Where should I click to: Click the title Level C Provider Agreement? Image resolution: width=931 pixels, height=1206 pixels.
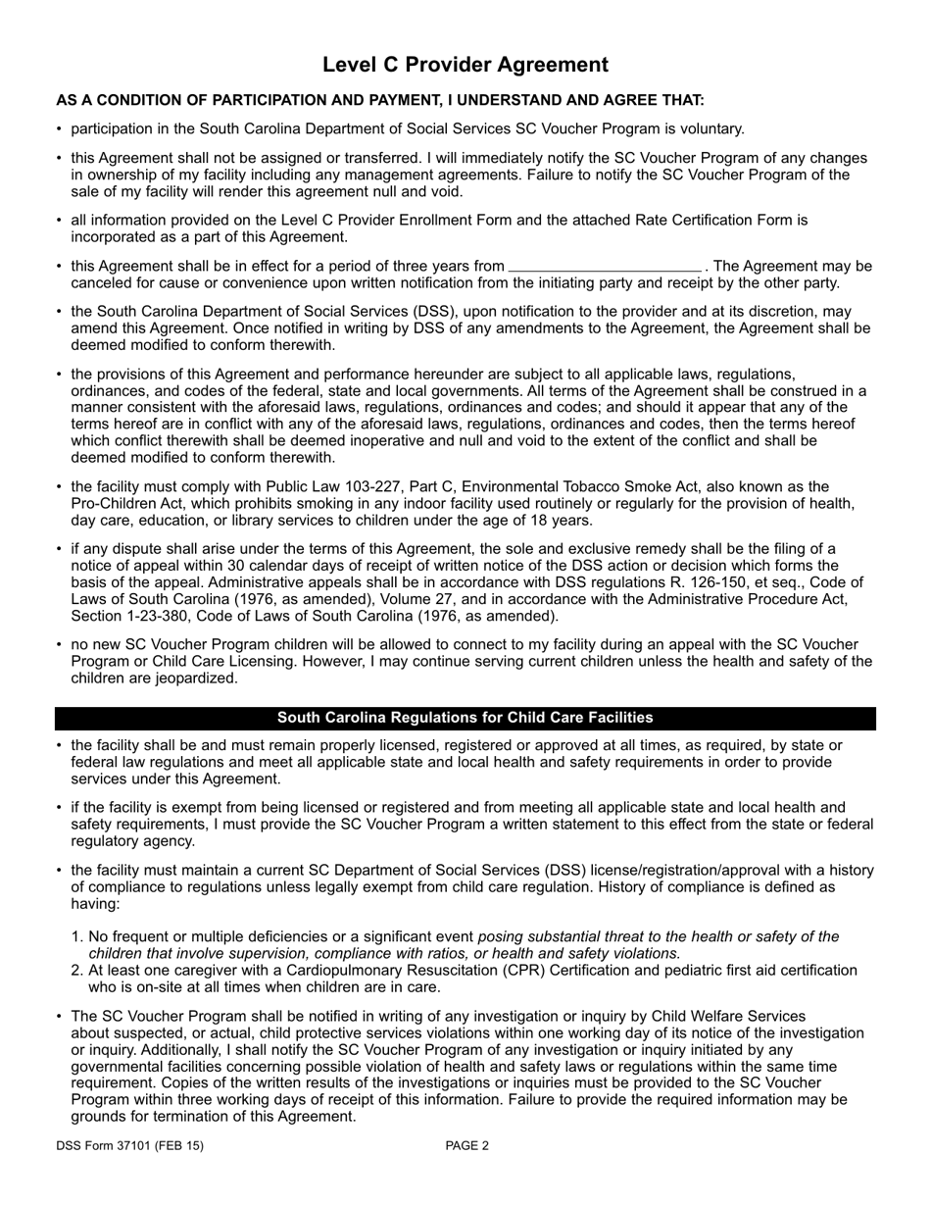click(465, 65)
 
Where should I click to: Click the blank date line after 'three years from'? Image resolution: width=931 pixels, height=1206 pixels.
click(605, 267)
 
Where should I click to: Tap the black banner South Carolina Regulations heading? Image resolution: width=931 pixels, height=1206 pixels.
click(465, 718)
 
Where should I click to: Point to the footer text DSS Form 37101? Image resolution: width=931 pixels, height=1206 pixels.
click(129, 1145)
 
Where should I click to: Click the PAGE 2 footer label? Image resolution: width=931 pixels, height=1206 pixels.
click(467, 1145)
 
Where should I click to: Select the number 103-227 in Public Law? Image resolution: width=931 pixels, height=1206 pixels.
click(297, 487)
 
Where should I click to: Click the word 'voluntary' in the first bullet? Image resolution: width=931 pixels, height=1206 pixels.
click(709, 128)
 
